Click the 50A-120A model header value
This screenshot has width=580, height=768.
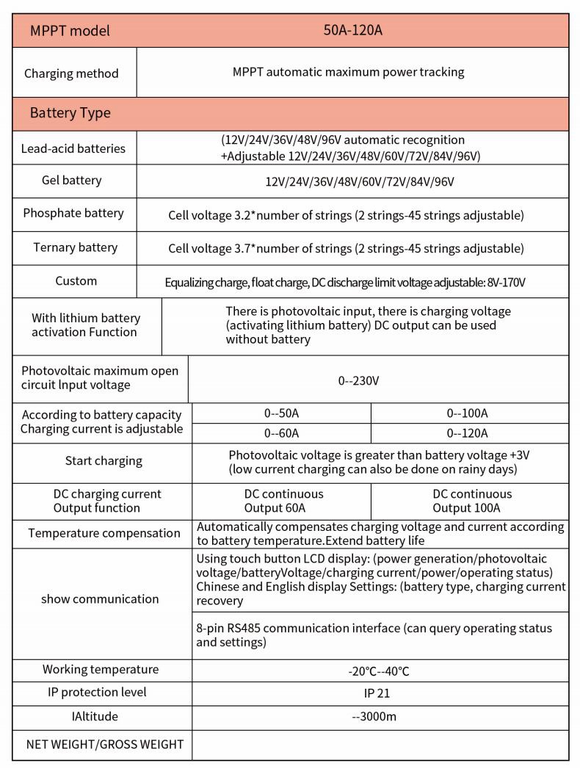[352, 30]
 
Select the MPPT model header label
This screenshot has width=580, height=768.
[70, 31]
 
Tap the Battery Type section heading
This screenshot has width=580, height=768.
[70, 113]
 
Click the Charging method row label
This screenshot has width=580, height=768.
[71, 73]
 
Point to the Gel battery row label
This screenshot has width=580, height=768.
[72, 180]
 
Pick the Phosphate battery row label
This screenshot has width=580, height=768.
[73, 213]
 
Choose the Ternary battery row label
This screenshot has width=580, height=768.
[75, 247]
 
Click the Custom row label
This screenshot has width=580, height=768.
[76, 280]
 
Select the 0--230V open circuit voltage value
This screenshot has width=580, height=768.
[358, 380]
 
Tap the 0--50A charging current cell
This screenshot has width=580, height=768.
[281, 413]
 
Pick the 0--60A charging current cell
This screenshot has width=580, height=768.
[281, 433]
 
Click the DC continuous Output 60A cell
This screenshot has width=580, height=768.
[283, 501]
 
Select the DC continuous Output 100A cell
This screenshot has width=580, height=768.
[472, 501]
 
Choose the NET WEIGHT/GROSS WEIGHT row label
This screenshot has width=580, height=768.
[105, 744]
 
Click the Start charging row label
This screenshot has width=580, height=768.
[104, 461]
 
